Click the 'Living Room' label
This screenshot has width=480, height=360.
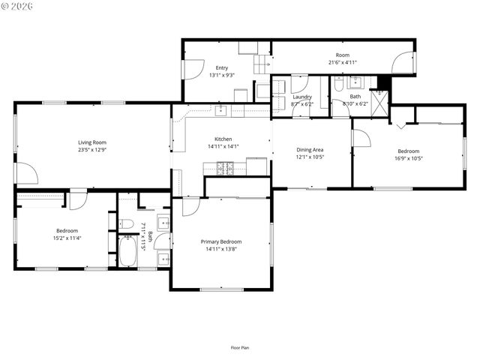93,142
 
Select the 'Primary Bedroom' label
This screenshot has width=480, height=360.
221,241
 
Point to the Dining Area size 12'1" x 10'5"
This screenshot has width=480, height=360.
309,157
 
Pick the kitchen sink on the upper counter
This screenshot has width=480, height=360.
221,112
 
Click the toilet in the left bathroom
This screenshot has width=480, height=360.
127,223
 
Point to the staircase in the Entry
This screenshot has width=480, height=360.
261,64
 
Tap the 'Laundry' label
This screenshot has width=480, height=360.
302,97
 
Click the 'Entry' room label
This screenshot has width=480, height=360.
222,67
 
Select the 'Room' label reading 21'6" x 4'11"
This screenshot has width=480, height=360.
343,55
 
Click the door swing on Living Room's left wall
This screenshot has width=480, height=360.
27,174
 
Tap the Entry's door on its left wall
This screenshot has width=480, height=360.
190,69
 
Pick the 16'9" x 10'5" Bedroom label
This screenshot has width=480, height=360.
408,151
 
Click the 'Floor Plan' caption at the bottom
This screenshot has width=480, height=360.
240,347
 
